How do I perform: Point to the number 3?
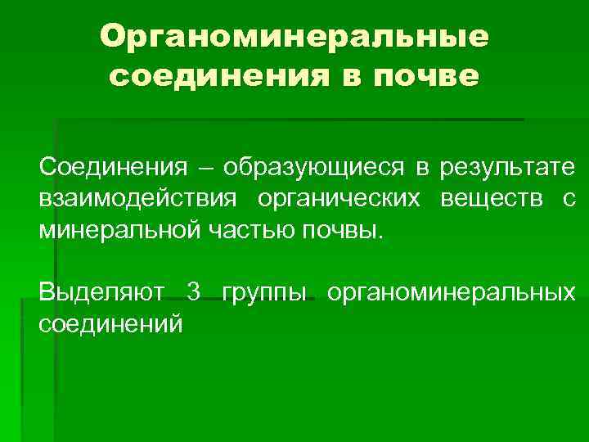click(x=193, y=291)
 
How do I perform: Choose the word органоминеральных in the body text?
click(x=451, y=291)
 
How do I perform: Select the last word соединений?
click(x=110, y=322)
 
